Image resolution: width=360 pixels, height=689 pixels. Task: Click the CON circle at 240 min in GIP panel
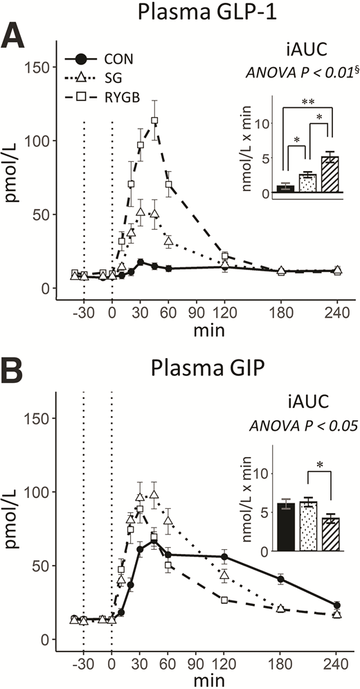(x=337, y=605)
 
